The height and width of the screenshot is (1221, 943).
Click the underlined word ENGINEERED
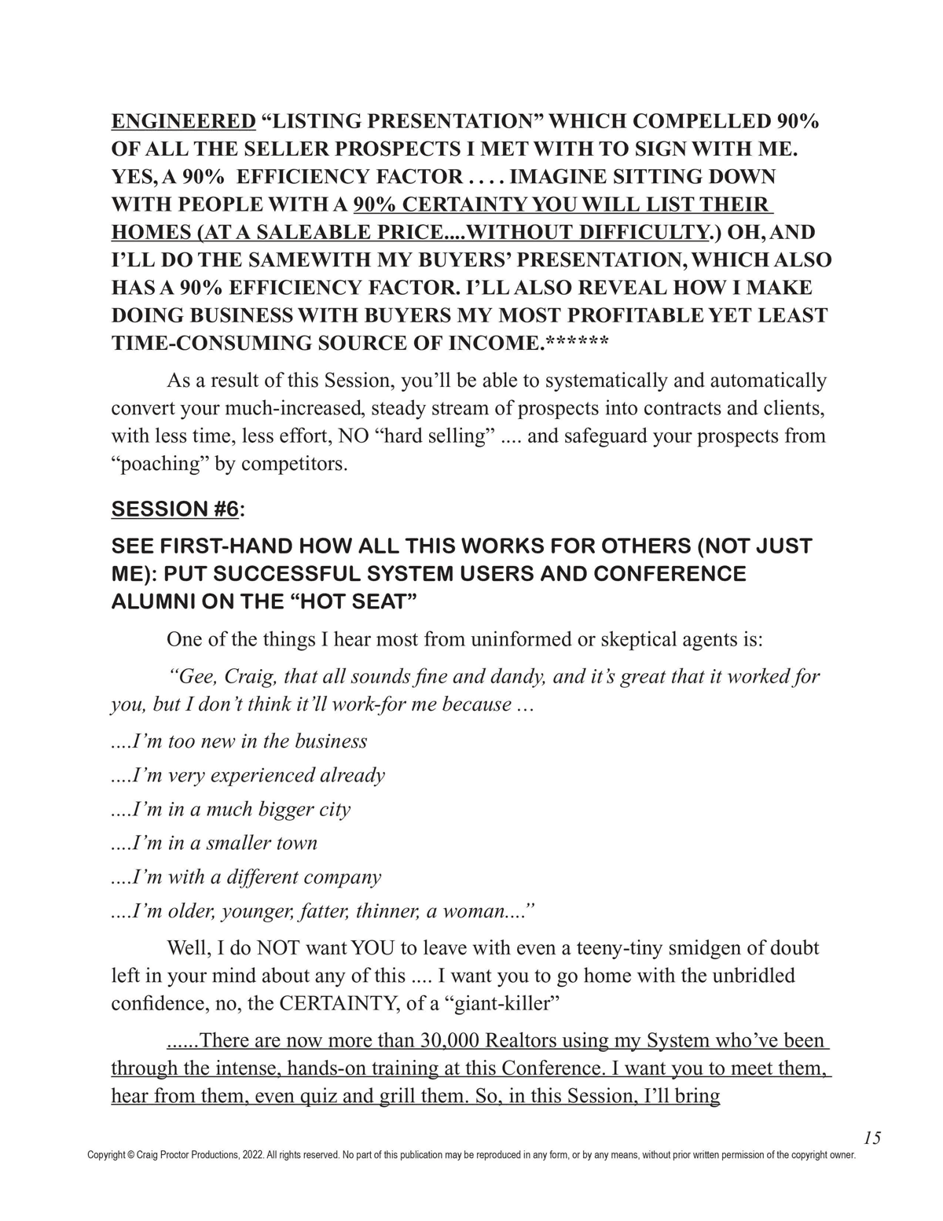183,121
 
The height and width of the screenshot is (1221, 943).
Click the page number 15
871,1138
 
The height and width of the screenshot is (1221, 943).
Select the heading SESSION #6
174,509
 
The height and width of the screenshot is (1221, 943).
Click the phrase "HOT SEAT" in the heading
353,602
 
